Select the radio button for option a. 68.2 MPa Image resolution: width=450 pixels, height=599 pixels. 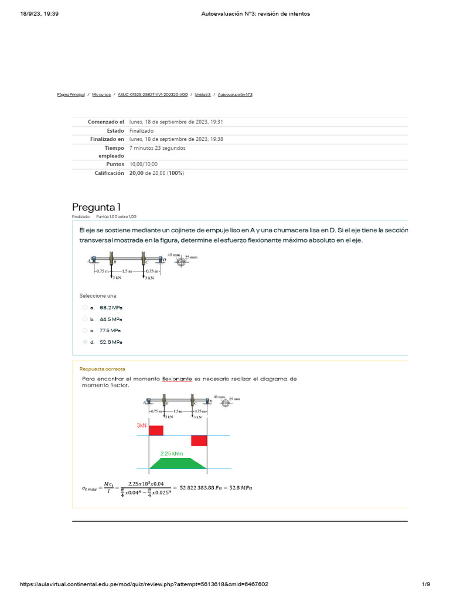85,307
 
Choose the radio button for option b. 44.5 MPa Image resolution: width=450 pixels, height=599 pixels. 85,319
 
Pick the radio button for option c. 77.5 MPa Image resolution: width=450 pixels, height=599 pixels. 85,331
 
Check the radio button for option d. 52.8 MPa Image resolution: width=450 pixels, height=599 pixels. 85,342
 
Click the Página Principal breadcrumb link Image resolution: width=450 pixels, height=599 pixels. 71,94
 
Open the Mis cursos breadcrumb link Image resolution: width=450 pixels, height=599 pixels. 101,94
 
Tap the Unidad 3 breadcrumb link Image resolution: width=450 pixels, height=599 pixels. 203,94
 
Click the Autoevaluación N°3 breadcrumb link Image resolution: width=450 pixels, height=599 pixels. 235,94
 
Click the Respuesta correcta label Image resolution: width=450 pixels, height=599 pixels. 102,369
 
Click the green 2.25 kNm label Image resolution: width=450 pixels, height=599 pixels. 172,453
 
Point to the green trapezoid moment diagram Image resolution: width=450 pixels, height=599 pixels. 178,463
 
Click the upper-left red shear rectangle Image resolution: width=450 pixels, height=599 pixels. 156,431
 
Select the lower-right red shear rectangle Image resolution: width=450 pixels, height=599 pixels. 199,440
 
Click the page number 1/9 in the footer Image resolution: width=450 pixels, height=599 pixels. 426,584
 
